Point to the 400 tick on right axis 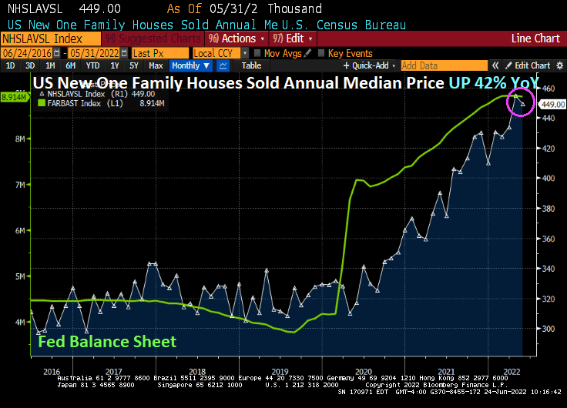[547, 179]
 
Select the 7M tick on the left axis [21, 185]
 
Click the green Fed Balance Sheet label [107, 342]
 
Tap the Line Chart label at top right [535, 38]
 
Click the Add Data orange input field [445, 66]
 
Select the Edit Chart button [532, 66]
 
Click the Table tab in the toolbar [252, 66]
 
